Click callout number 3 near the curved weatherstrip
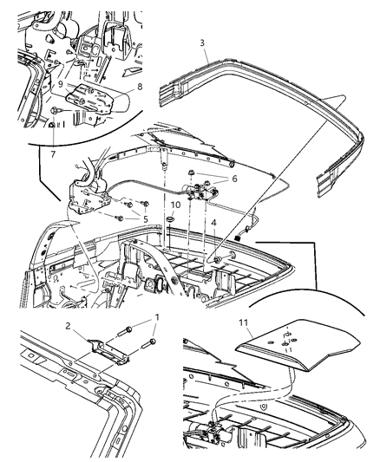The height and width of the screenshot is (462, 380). [x=202, y=43]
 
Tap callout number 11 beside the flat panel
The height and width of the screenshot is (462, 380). [x=244, y=323]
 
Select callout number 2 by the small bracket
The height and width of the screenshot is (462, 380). [x=68, y=326]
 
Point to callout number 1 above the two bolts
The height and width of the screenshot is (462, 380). [x=157, y=317]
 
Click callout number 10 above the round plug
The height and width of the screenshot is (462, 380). [x=175, y=205]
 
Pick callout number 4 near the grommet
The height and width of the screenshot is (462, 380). [x=213, y=223]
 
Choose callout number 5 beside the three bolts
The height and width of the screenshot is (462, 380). [x=146, y=219]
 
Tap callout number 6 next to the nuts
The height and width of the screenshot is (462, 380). [x=234, y=179]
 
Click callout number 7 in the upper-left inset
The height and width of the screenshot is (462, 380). [x=53, y=153]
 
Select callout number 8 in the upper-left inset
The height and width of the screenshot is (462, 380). [x=140, y=87]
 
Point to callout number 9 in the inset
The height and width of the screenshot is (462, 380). [x=61, y=84]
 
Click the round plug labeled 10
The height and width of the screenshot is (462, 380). [x=171, y=219]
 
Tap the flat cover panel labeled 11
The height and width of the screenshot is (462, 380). [x=298, y=344]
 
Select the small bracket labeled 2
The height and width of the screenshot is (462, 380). [x=108, y=352]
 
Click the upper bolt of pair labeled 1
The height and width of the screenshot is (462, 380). [x=125, y=331]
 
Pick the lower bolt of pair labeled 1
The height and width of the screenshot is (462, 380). [x=149, y=343]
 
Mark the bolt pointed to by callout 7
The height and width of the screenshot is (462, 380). [x=56, y=110]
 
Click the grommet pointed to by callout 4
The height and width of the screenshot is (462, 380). [x=219, y=259]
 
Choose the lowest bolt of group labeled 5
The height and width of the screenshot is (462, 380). [x=120, y=218]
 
